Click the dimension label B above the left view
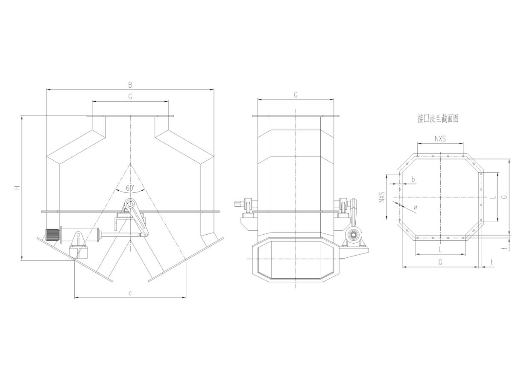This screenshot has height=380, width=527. [130, 85]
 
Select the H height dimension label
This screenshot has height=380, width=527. [18, 187]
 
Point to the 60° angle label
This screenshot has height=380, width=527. [130, 188]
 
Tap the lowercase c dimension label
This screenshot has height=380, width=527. [130, 293]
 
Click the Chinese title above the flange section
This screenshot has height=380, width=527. [438, 119]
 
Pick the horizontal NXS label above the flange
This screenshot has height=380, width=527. [440, 138]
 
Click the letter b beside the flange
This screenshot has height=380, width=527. [413, 179]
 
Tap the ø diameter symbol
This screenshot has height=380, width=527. [416, 207]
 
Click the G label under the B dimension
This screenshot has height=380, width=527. [130, 96]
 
